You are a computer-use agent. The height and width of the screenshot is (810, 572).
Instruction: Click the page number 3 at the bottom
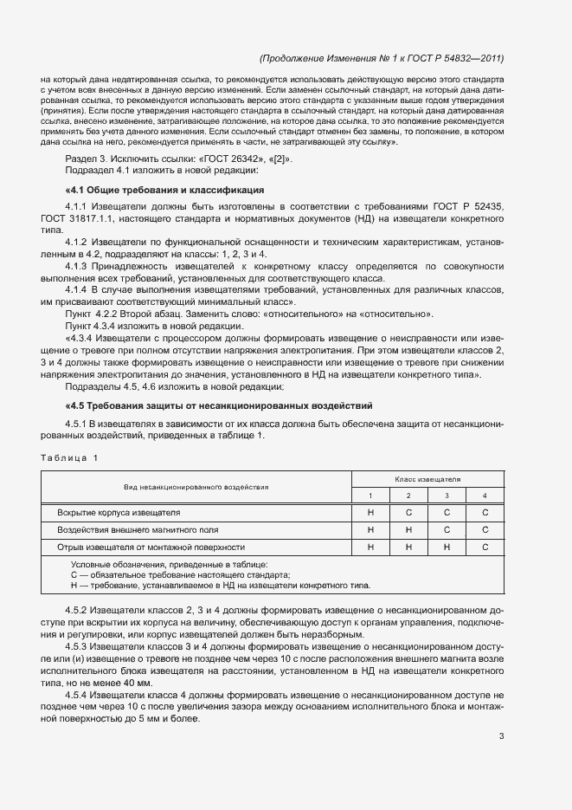click(501, 736)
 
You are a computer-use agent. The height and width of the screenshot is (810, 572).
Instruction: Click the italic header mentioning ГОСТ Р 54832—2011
click(382, 59)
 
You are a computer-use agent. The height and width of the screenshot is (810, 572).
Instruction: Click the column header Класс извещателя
click(427, 478)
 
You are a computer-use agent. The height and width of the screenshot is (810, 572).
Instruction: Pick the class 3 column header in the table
click(447, 496)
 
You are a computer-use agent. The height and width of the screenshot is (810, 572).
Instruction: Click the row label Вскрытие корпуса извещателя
click(119, 513)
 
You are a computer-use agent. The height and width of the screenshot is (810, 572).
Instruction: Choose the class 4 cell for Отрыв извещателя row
click(485, 548)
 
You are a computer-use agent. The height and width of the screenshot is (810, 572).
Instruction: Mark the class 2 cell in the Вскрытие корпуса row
click(408, 513)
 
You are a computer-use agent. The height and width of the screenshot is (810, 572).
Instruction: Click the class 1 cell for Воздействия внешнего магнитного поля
click(370, 530)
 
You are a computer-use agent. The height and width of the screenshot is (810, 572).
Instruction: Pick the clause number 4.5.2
click(77, 611)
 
